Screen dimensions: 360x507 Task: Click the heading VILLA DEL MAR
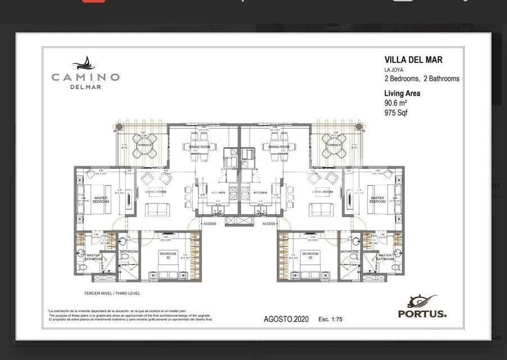coord(413,59)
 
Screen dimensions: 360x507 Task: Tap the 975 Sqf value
coord(396,112)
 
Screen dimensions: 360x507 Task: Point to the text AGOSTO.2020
coord(286,319)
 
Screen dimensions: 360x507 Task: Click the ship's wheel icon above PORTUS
coord(423,300)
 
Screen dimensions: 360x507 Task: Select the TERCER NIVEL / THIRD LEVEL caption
coord(112,293)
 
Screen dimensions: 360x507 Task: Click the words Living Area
coord(402,93)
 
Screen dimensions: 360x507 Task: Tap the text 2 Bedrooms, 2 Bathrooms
coord(422,79)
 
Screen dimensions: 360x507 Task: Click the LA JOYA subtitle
coord(395,70)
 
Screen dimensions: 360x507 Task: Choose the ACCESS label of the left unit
coord(209,223)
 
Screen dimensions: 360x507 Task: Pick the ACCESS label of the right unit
coord(269,223)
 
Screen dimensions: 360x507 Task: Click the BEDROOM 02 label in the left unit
coord(168,255)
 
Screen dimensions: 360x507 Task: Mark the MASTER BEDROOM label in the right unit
coord(377,199)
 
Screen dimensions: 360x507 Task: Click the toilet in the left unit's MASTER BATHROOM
coord(82,267)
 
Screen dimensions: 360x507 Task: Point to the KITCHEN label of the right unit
coord(260,192)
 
